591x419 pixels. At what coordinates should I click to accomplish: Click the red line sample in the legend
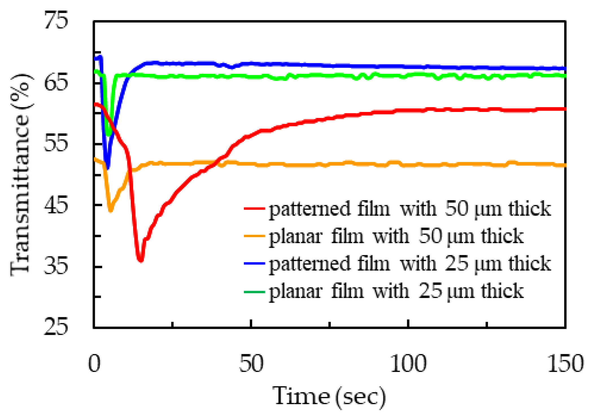[x=254, y=209]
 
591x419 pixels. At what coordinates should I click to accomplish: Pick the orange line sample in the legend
[x=254, y=236]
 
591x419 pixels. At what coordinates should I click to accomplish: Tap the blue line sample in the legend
[x=254, y=263]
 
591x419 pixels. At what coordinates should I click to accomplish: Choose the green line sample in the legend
[x=254, y=291]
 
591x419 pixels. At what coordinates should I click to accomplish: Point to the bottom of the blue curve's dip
[x=108, y=168]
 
